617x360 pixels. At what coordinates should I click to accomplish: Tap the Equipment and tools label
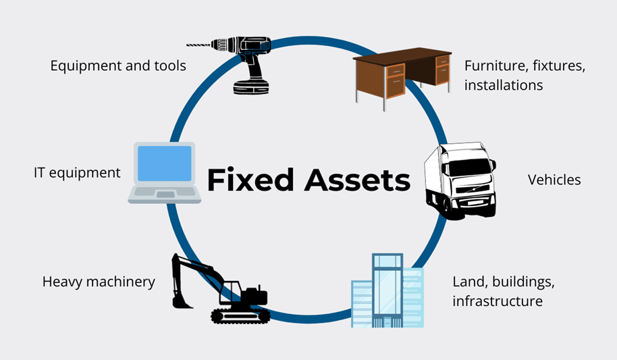pos(118,66)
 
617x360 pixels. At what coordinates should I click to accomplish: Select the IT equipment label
pos(77,172)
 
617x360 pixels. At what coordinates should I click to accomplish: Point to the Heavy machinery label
pos(99,281)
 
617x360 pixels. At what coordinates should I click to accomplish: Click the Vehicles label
pos(554,179)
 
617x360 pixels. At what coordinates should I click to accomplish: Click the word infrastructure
pos(498,301)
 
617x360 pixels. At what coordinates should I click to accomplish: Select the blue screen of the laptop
pos(165,163)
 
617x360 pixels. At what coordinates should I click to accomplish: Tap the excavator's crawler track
pos(240,315)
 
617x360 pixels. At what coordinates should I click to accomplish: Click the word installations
pos(503,86)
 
